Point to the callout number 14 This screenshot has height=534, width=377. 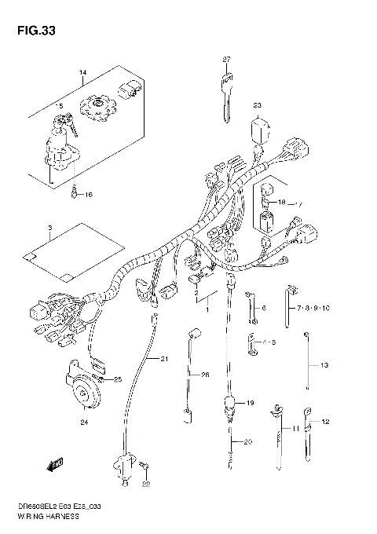coord(81,74)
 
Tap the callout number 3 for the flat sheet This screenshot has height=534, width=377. coord(49,229)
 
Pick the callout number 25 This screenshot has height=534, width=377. coord(118,380)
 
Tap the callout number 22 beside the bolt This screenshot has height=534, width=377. coord(145,485)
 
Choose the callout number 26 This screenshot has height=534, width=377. coord(205,375)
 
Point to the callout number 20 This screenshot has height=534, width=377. coord(247,443)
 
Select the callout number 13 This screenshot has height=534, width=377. coord(323,365)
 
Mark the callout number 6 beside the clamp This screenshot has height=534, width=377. coord(264,309)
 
